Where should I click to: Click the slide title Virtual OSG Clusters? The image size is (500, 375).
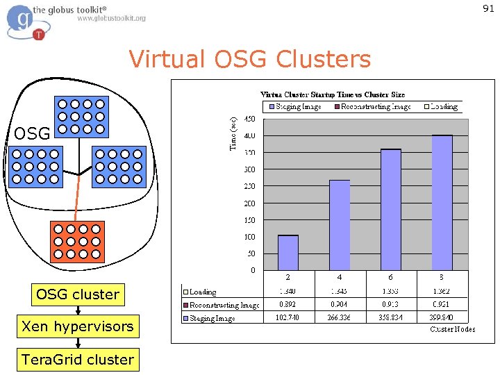click(250, 60)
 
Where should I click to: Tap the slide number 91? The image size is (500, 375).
click(488, 8)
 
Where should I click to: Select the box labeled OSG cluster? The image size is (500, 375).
click(78, 294)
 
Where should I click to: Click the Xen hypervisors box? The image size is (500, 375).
click(78, 326)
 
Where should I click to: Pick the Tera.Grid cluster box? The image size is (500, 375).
click(78, 360)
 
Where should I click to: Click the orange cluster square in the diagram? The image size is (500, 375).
click(78, 241)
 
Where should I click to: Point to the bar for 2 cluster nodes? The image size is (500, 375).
click(288, 253)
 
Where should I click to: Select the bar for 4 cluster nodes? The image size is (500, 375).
click(340, 225)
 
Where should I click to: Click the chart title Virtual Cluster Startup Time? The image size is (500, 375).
click(333, 94)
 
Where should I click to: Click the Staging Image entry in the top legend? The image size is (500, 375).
click(294, 107)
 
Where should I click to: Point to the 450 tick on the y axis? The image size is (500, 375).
click(249, 119)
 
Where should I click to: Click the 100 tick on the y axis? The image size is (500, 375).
click(249, 237)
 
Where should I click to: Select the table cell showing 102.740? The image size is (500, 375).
click(288, 317)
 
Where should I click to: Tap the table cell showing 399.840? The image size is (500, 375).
click(442, 317)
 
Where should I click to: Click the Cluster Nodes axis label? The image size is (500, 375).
click(453, 328)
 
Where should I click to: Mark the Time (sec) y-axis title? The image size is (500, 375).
click(233, 133)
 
